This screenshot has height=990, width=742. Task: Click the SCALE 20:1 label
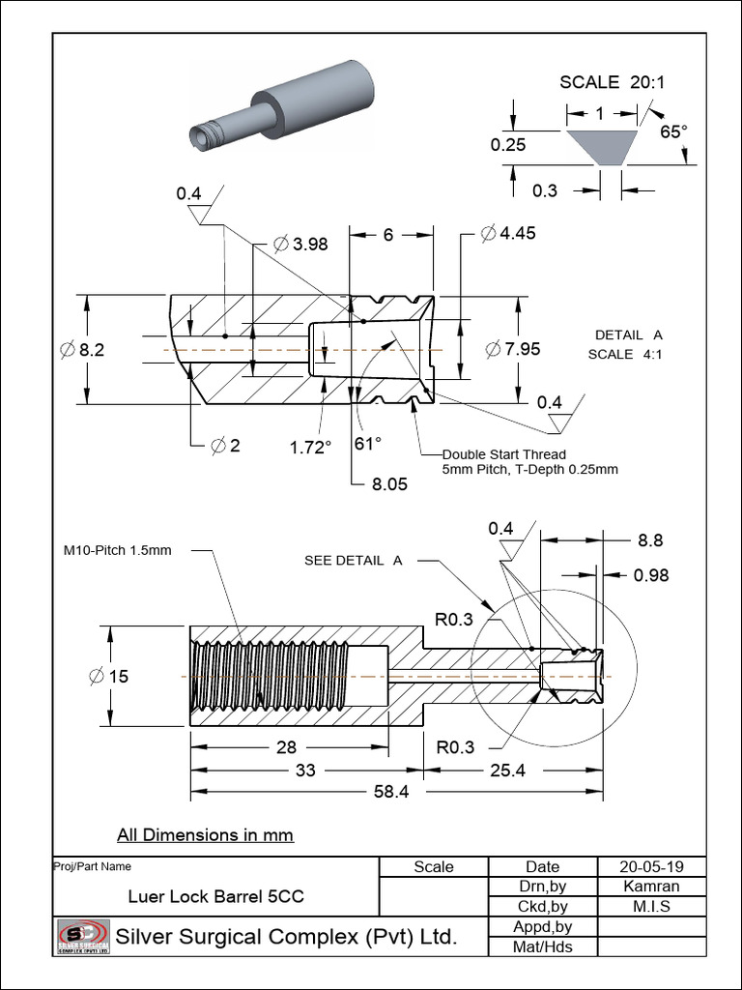coord(613,82)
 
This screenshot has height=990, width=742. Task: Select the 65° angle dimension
coord(673,131)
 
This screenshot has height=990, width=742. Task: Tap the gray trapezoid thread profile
coord(600,146)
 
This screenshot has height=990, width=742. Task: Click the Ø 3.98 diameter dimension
coord(300,245)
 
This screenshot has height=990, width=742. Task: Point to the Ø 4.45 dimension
coord(508,233)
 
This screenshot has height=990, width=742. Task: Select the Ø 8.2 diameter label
coord(83,350)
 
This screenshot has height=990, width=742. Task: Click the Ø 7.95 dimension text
coord(511,349)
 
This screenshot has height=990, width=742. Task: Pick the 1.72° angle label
coord(310,446)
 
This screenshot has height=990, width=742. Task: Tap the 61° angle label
coord(368,443)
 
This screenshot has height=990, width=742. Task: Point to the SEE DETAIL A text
coord(353,561)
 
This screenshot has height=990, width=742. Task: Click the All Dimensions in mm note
coord(205,834)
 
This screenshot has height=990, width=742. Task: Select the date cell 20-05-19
coord(641,867)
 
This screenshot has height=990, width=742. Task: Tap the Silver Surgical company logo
coord(82,936)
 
